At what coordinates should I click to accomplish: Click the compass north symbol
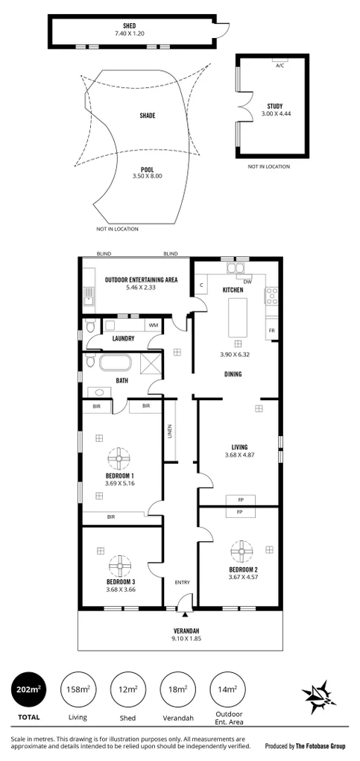(x=318, y=697)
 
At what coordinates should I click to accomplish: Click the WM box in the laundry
(x=154, y=325)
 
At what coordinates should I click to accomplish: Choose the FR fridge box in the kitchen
(x=271, y=329)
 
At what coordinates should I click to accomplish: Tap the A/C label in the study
(x=280, y=66)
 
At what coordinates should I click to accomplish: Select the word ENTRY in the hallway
(x=182, y=581)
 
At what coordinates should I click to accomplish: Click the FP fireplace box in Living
(x=240, y=500)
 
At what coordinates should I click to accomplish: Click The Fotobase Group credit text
(x=311, y=745)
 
